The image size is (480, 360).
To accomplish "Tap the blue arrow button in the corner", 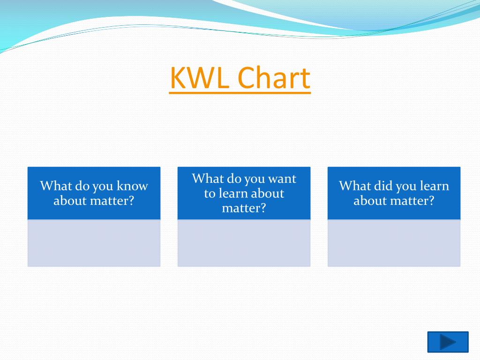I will tap(448, 342).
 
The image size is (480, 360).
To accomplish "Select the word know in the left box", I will tap(132, 186).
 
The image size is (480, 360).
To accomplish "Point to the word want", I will tap(282, 179).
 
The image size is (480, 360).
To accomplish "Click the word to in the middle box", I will tap(210, 194).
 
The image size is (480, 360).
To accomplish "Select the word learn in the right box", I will tap(434, 186).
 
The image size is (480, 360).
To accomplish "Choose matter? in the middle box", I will tap(244, 208).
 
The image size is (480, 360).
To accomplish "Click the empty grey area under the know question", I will tap(94, 243).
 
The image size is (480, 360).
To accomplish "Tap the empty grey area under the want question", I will tap(244, 243).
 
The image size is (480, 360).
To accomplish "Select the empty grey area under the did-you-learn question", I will tap(394, 243).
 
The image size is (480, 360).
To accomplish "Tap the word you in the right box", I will tap(406, 186).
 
